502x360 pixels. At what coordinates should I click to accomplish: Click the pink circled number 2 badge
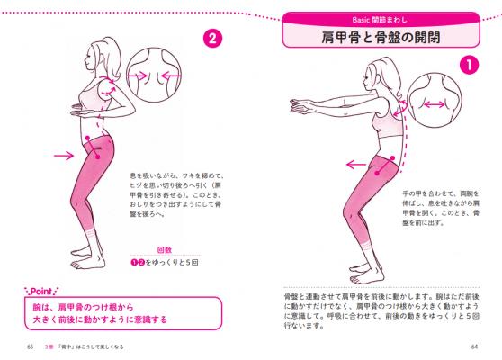(x=212, y=39)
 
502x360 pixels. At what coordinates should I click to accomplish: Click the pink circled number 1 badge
(x=469, y=66)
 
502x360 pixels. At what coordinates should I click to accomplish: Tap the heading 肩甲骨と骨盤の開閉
(x=381, y=37)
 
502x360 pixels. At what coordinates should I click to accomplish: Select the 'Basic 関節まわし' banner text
(x=380, y=20)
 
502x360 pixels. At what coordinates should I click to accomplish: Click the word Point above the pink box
(x=41, y=292)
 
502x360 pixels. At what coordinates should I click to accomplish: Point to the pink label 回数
(x=165, y=250)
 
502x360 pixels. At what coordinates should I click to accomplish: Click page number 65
(x=30, y=346)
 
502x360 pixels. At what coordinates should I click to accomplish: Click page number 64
(x=474, y=346)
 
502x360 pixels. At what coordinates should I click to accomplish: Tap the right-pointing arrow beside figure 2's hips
(x=64, y=156)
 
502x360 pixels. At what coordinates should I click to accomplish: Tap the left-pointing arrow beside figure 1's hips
(x=356, y=165)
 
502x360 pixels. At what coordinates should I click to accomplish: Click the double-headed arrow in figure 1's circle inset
(x=435, y=104)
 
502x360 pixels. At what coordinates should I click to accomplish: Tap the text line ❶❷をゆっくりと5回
(x=165, y=262)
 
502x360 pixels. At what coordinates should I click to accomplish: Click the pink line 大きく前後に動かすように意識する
(x=100, y=319)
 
